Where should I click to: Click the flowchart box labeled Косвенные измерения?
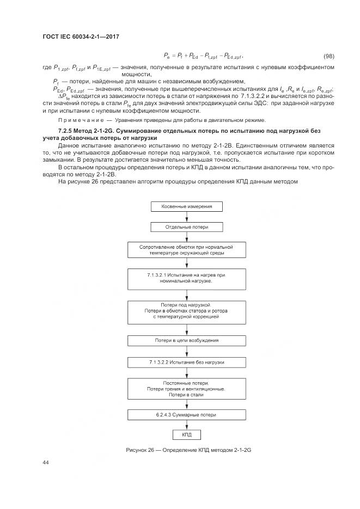[x=186, y=207]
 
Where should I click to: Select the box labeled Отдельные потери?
[x=186, y=227]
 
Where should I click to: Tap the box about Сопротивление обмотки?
[x=186, y=250]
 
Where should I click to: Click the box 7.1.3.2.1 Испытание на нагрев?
[x=186, y=278]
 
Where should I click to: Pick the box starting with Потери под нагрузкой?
[x=186, y=311]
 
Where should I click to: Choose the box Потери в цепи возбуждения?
[x=186, y=340]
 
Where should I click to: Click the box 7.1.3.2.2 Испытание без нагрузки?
[x=186, y=361]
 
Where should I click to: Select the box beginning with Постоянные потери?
[x=186, y=389]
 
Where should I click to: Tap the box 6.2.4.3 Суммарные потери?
[x=186, y=415]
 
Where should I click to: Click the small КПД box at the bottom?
[x=186, y=434]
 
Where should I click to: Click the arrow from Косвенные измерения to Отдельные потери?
[x=186, y=217]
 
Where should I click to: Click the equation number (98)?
[x=329, y=57]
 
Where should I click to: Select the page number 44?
[x=45, y=463]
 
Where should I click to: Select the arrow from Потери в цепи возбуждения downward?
[x=186, y=351]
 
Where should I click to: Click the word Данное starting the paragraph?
[x=69, y=146]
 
